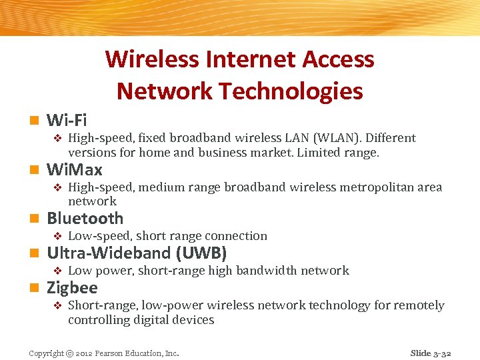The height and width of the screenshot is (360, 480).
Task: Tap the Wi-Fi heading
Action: point(67,121)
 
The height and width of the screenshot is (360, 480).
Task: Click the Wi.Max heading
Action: point(75,170)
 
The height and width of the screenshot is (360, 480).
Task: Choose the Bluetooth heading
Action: point(85,219)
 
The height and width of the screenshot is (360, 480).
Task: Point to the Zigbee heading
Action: point(72,288)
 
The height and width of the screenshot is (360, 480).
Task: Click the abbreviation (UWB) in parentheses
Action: point(201,253)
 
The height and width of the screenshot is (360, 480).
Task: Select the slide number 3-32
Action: point(441,353)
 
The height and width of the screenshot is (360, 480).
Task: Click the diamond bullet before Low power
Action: point(57,271)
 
